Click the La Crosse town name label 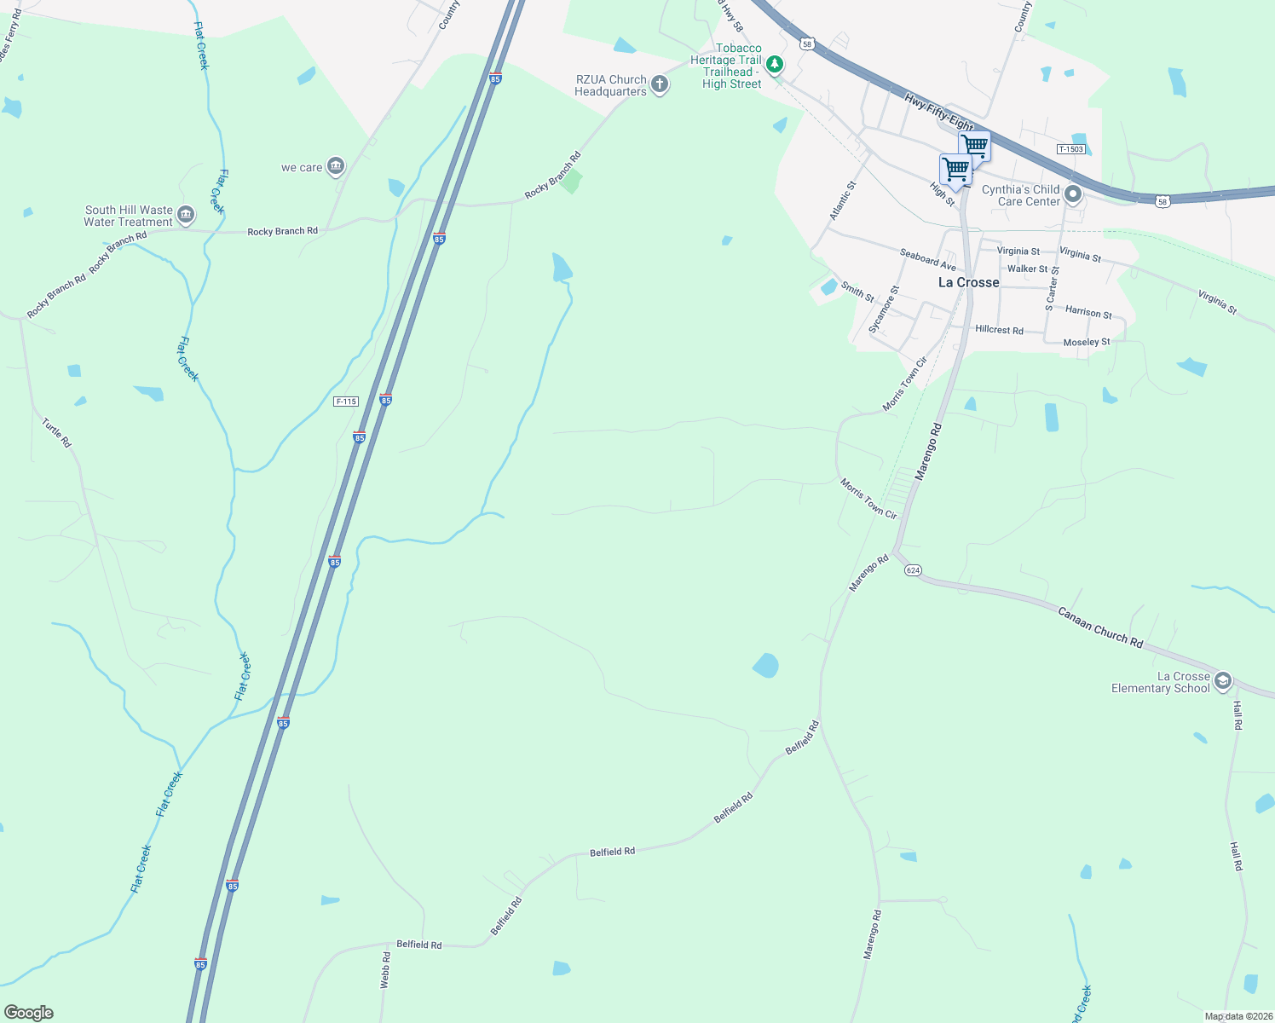point(968,282)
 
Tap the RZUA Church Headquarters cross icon point(659,84)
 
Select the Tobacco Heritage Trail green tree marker point(774,64)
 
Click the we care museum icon point(336,165)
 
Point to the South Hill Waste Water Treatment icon point(187,215)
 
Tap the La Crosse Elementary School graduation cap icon point(1223,680)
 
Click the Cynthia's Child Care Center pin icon point(1073,195)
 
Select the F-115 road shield point(346,402)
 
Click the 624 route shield point(913,569)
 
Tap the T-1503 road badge point(1070,149)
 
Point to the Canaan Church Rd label point(1099,627)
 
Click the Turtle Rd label point(57,432)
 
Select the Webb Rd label point(385,970)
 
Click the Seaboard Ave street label point(927,259)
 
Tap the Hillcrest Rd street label point(999,329)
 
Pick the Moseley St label point(1087,342)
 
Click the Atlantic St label point(843,200)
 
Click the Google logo point(29,1012)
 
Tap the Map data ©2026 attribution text point(1237,1016)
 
